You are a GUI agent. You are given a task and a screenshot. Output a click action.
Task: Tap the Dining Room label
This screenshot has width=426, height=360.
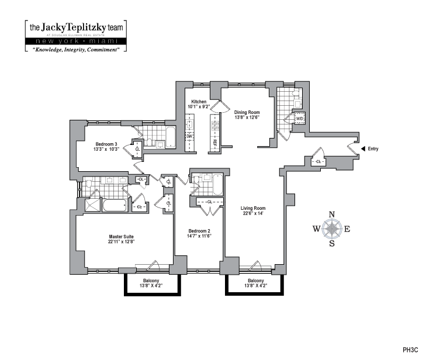247,112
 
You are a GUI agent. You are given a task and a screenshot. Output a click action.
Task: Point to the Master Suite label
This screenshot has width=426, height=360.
122,237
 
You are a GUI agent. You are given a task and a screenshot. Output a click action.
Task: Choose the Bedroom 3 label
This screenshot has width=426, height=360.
107,144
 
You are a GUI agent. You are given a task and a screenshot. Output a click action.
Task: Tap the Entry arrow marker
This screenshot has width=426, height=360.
363,149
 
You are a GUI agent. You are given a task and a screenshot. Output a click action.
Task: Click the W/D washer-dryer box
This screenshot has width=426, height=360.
299,119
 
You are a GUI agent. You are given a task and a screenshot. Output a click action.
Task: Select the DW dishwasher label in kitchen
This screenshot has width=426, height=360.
189,137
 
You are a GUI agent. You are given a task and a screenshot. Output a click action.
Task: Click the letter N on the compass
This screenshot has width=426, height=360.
333,214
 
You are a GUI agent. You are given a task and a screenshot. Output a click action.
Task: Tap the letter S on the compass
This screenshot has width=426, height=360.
333,244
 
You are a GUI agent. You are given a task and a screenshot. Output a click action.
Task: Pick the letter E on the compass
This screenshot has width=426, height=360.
347,229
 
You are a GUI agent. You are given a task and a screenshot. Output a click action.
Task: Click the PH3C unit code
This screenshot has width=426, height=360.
411,351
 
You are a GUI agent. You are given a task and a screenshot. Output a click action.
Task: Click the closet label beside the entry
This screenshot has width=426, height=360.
318,161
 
